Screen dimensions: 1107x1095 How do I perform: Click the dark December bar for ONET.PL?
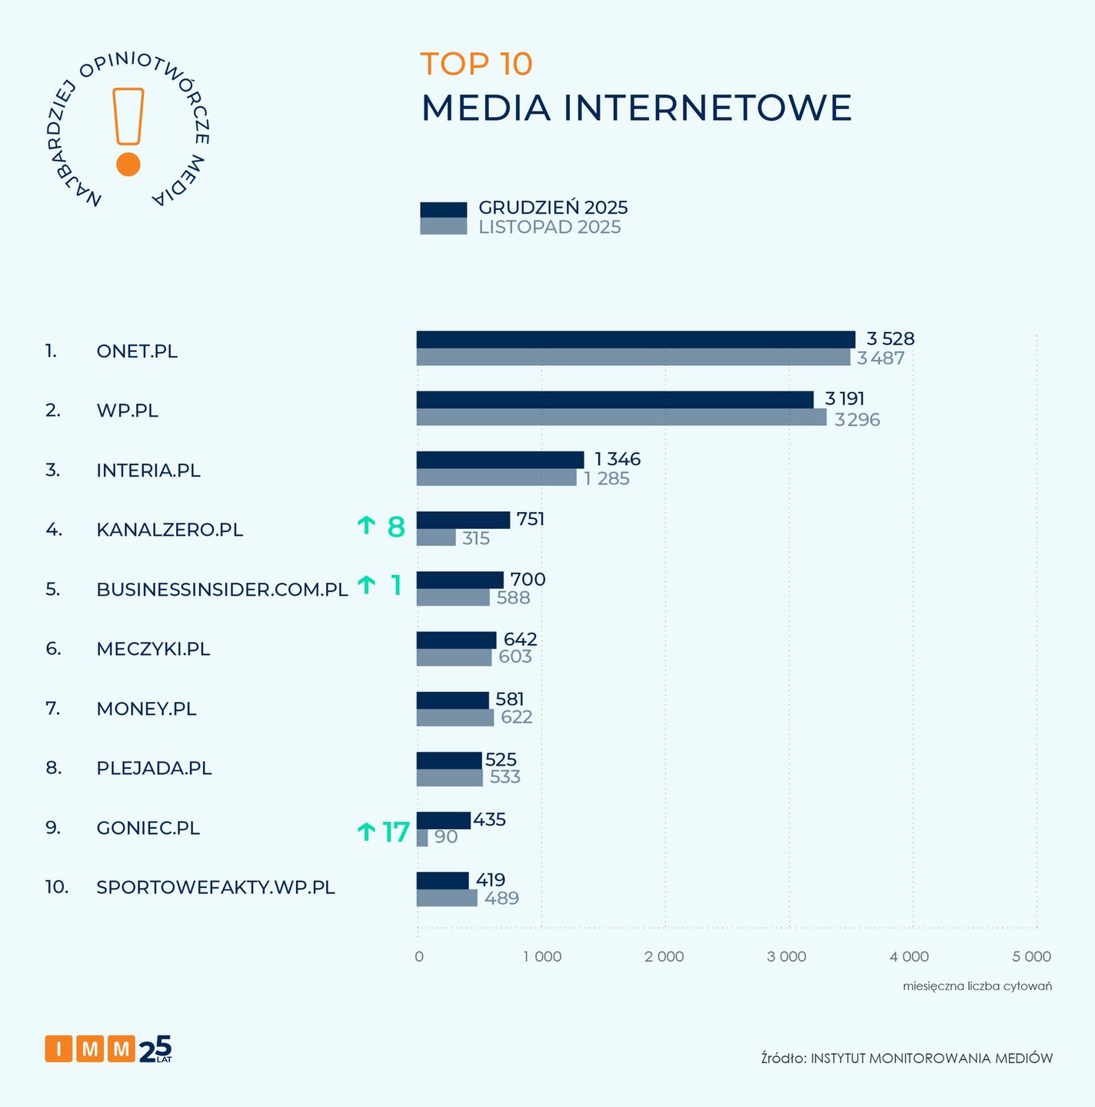tap(635, 340)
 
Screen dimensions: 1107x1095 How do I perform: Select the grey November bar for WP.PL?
tap(621, 417)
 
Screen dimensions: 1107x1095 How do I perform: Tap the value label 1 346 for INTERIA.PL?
tap(617, 460)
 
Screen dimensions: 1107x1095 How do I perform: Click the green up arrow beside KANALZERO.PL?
tap(366, 526)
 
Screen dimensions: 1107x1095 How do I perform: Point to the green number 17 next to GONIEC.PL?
tap(396, 832)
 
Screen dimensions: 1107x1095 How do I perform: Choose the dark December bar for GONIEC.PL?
tap(443, 820)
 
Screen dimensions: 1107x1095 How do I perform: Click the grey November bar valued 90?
tap(422, 838)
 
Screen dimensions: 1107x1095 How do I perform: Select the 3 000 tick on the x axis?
tap(787, 957)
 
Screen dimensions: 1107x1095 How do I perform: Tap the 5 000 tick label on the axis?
tap(1032, 957)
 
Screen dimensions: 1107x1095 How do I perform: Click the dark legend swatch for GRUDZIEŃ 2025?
tap(443, 210)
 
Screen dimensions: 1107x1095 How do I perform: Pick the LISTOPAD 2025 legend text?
tap(550, 228)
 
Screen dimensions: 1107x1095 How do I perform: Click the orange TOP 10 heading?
tap(477, 64)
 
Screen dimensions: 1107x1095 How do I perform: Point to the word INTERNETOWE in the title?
tap(707, 108)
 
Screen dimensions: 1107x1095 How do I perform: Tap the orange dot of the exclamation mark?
tap(128, 165)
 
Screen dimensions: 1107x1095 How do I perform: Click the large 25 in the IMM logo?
tap(155, 1049)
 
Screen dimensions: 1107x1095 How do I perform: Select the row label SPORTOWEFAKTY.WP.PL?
tap(215, 887)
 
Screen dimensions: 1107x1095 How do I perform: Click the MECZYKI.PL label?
tap(153, 649)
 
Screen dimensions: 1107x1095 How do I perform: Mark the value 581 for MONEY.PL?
tap(510, 700)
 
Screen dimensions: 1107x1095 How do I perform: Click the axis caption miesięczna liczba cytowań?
tap(977, 986)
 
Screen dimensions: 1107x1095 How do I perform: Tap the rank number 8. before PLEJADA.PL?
tap(53, 768)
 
